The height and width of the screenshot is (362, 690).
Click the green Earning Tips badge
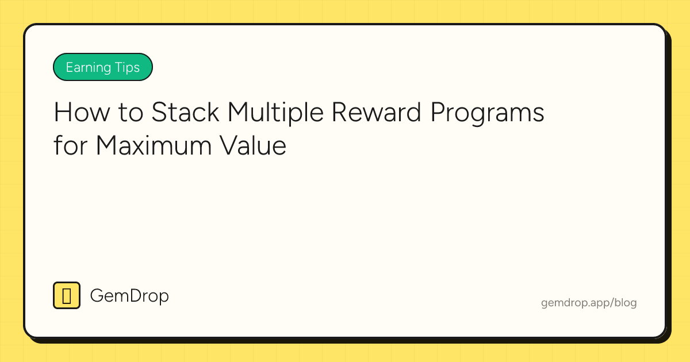(102, 67)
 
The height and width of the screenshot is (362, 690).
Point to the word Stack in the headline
(185, 113)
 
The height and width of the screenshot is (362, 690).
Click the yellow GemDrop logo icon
(67, 295)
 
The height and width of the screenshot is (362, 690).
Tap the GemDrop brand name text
(129, 296)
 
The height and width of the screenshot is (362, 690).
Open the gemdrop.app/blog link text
(589, 303)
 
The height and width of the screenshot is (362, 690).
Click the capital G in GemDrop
(98, 296)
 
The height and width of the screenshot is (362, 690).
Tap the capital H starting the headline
(62, 113)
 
